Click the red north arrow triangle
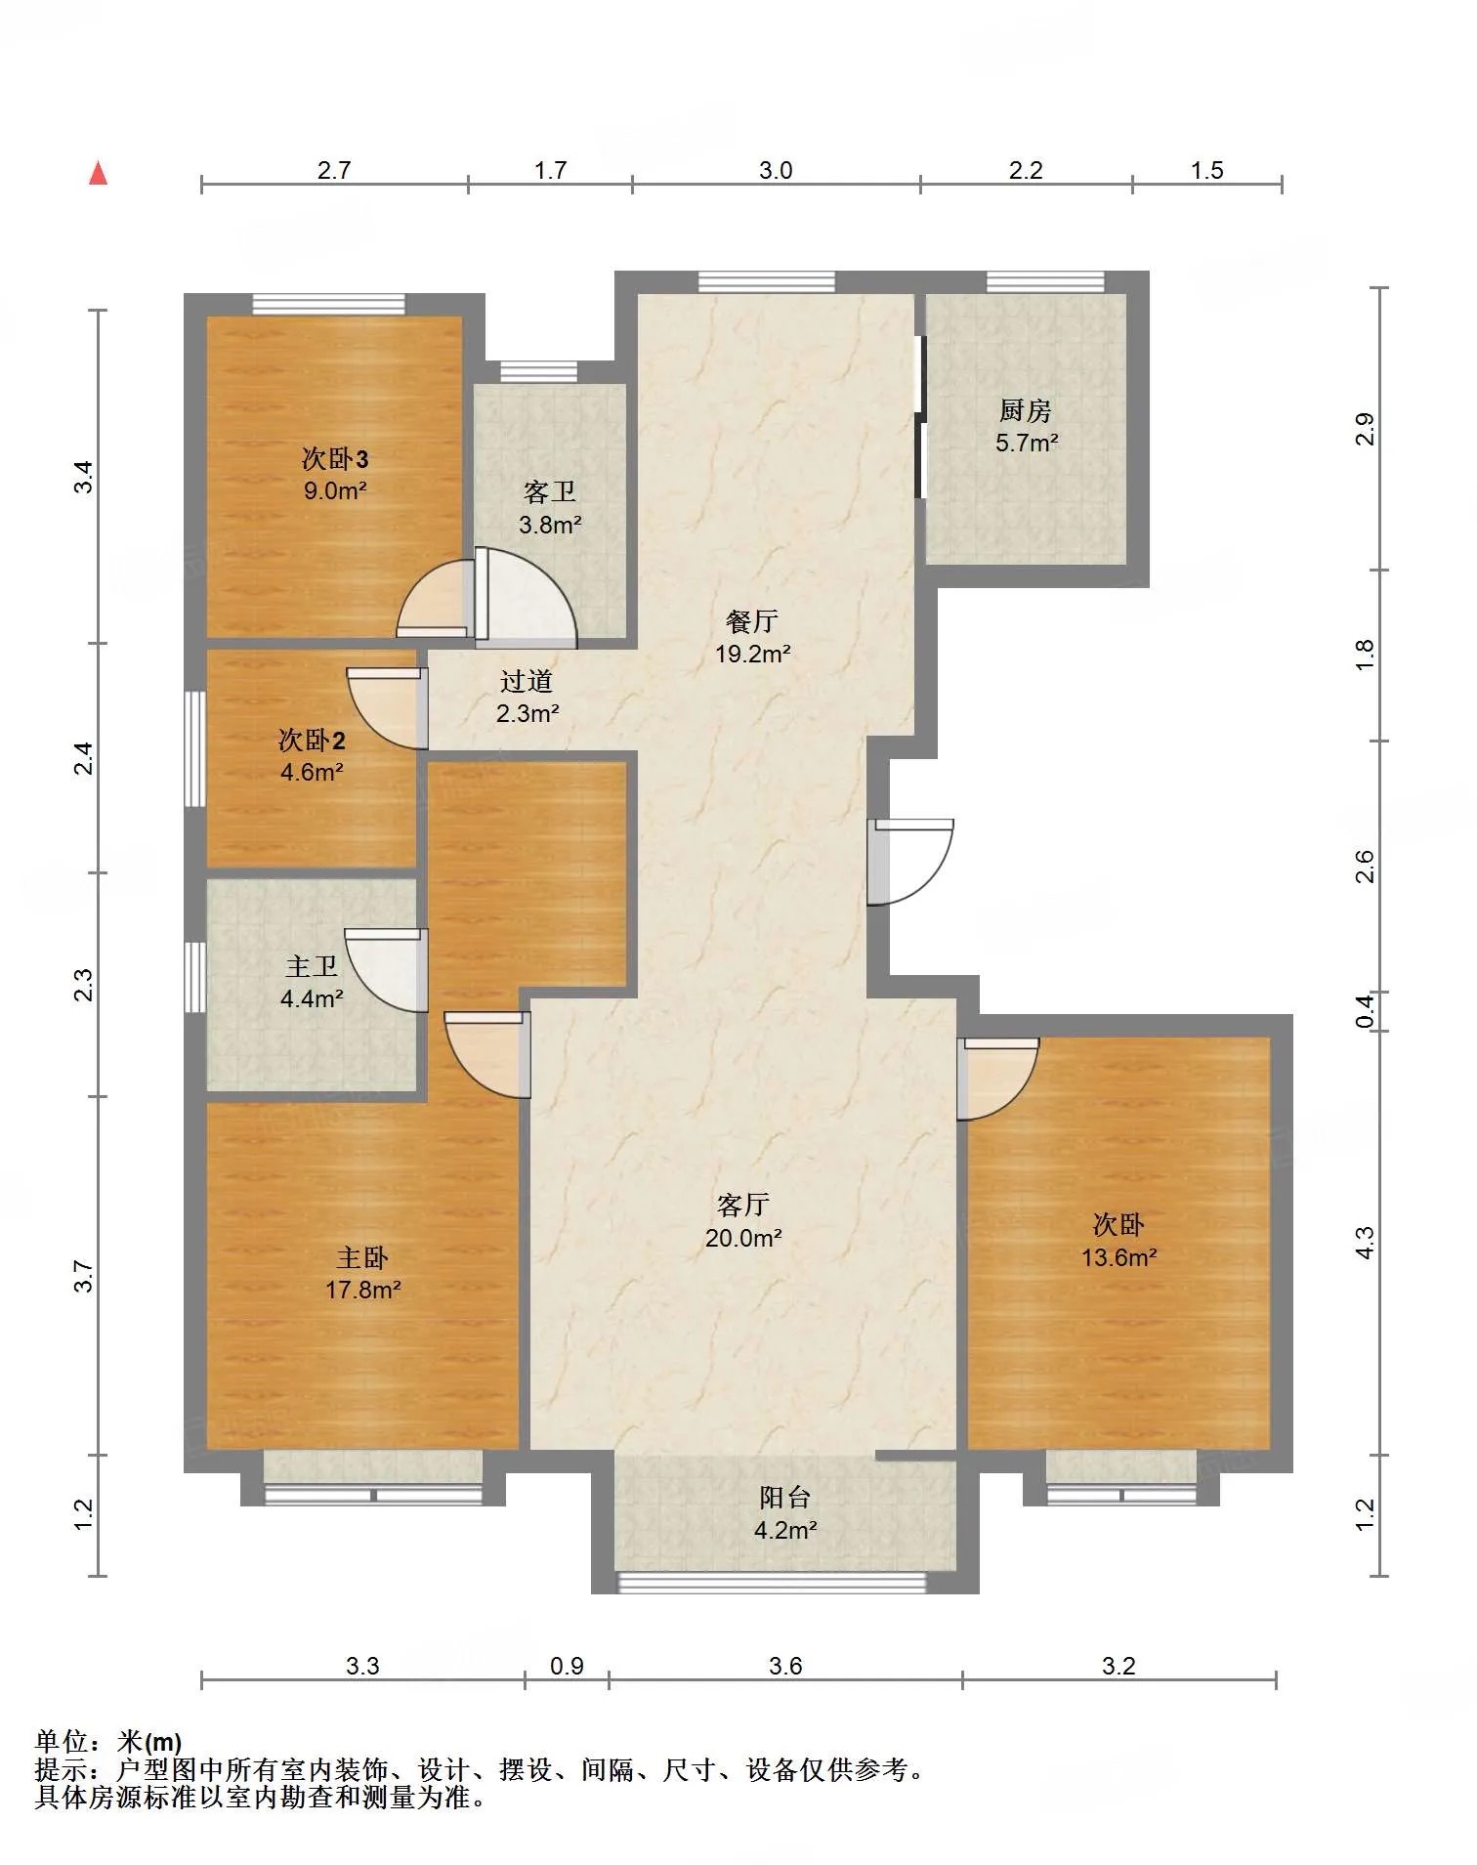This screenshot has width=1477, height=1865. click(98, 173)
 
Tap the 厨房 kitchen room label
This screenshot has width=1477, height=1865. click(1026, 410)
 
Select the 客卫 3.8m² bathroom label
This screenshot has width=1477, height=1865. click(550, 508)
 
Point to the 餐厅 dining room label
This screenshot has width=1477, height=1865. click(752, 621)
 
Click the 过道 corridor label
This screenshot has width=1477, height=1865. click(527, 681)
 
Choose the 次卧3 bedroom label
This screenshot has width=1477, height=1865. click(335, 458)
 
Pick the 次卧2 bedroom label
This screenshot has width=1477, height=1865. click(312, 740)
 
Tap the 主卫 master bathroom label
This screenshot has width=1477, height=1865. click(312, 966)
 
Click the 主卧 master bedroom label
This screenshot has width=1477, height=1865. click(362, 1257)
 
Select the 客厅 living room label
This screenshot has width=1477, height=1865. click(743, 1205)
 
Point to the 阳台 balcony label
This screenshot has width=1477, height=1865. click(785, 1498)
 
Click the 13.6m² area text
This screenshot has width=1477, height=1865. click(1118, 1257)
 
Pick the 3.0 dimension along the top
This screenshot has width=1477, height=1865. click(776, 170)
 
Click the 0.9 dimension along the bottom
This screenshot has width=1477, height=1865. click(567, 1666)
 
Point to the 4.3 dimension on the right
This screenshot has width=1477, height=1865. click(1365, 1242)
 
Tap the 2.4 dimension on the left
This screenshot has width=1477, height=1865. click(85, 758)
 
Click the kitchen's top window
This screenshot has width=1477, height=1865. click(1045, 281)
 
